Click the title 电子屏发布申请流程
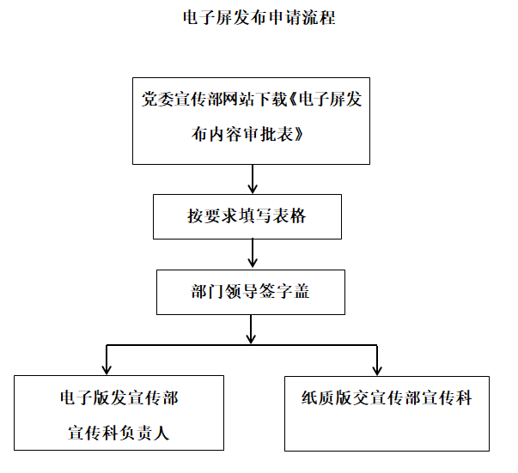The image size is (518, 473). tap(259, 18)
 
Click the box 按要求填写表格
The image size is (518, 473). tap(247, 216)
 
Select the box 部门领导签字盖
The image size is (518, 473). tap(250, 292)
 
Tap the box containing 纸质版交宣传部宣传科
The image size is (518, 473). tap(387, 413)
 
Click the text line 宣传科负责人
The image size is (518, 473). tap(119, 434)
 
